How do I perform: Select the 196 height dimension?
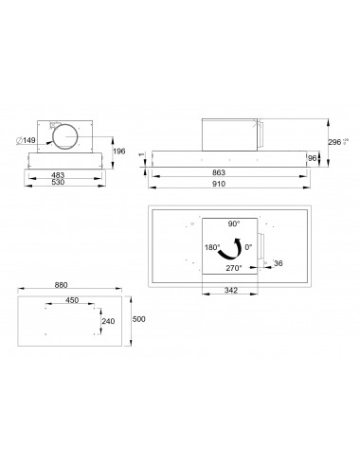click(x=119, y=152)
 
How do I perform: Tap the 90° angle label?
click(x=233, y=223)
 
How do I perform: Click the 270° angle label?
click(x=233, y=268)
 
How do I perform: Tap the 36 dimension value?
click(x=278, y=262)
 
